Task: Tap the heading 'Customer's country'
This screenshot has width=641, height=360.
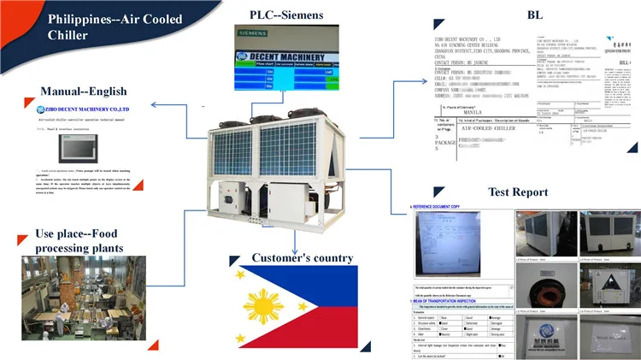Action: [290, 257]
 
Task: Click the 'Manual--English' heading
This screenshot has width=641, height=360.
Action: [83, 91]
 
